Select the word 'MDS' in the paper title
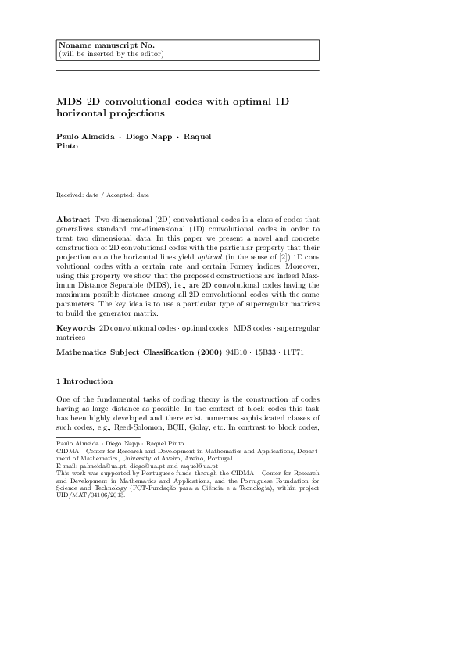tap(69, 101)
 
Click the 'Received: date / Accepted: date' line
tap(102, 194)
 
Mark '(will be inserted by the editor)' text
tap(110, 54)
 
